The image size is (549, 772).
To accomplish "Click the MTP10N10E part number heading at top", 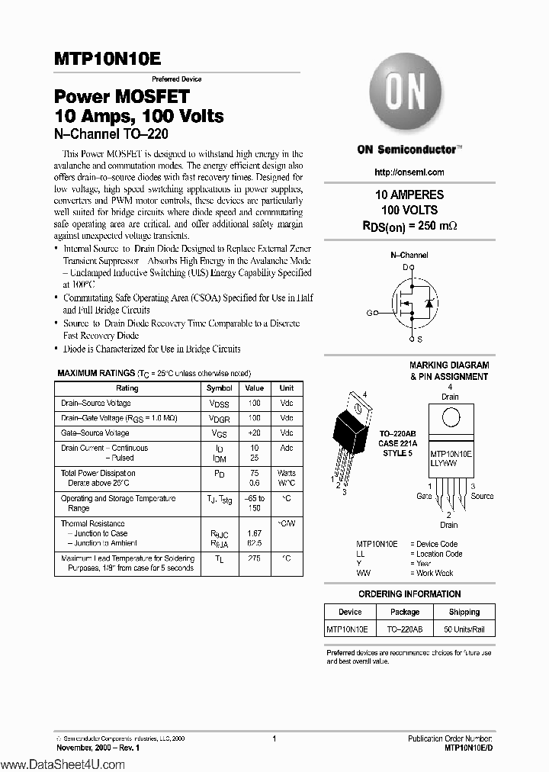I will click(x=108, y=59).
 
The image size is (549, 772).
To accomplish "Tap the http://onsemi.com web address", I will click(x=409, y=172).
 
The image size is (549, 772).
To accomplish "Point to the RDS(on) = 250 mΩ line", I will click(x=409, y=226).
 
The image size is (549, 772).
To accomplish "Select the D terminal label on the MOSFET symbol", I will click(x=406, y=267).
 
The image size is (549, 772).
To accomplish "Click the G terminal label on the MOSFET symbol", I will click(x=369, y=313).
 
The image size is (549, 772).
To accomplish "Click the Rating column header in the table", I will click(x=127, y=388).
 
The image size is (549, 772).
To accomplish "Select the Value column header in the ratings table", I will click(x=254, y=388).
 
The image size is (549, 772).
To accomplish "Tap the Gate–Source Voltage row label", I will click(x=95, y=433).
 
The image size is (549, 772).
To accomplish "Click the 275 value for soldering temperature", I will click(x=254, y=558).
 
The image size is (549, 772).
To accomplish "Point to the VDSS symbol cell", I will click(x=220, y=404).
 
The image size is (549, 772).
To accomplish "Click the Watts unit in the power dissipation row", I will click(x=286, y=473).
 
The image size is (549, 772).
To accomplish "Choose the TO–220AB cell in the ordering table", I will click(x=405, y=629).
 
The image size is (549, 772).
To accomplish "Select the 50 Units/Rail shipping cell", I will click(x=464, y=629).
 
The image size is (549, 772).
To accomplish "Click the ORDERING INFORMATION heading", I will click(x=409, y=594).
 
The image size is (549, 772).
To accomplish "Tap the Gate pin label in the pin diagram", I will click(x=424, y=496).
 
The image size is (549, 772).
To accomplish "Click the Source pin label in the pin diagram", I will click(x=482, y=496).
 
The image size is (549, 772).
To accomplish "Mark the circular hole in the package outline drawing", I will click(x=451, y=419).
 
